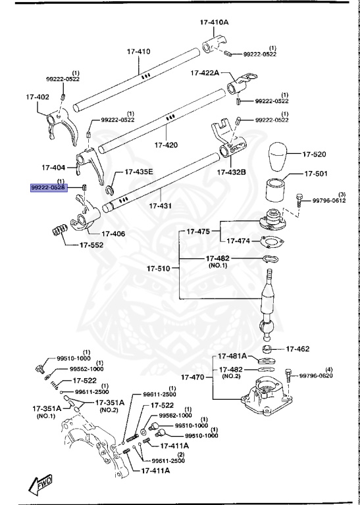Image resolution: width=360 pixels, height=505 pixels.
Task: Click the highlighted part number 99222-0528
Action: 48,188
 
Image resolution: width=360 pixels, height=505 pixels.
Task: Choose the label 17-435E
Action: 135,172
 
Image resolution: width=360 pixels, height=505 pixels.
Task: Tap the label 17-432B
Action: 232,172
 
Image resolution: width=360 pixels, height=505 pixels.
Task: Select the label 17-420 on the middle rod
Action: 166,145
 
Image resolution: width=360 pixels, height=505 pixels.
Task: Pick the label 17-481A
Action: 232,356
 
